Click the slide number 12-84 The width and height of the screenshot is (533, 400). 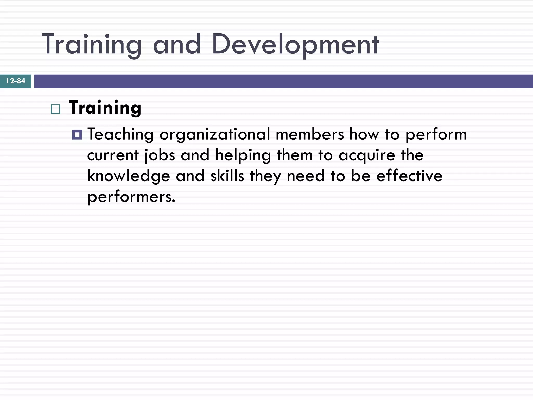click(16, 81)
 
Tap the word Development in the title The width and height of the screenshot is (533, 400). click(295, 44)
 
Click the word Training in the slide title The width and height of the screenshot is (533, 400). click(92, 44)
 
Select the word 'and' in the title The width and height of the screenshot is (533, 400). click(177, 44)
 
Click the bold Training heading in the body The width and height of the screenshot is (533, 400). click(105, 108)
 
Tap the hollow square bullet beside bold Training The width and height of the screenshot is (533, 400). click(55, 109)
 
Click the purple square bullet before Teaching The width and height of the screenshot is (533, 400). click(77, 135)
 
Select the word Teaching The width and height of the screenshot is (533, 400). click(120, 135)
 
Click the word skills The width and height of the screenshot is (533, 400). click(227, 176)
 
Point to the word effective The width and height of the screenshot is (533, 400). click(409, 176)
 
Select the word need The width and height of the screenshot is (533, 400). click(306, 176)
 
